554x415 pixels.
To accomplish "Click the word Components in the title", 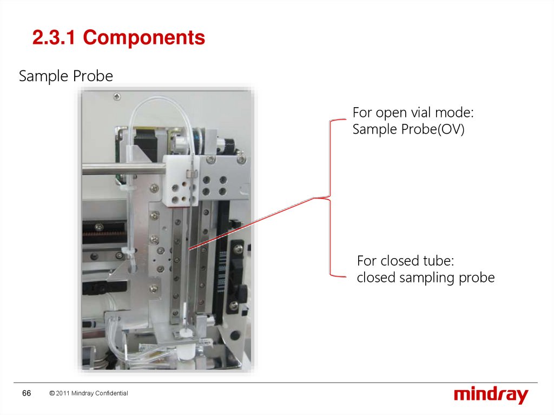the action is (x=144, y=38).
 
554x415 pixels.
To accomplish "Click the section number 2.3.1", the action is (x=55, y=38).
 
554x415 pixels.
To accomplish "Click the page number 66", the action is (x=27, y=393).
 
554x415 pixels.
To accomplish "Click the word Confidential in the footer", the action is (x=111, y=393).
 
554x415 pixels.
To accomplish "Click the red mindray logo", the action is (x=491, y=395).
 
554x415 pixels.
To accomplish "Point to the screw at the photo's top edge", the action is (x=117, y=96).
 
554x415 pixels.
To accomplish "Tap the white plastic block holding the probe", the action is (x=181, y=179).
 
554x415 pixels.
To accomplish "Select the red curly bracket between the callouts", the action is (x=330, y=197).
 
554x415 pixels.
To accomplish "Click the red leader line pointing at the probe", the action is (x=254, y=222).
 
